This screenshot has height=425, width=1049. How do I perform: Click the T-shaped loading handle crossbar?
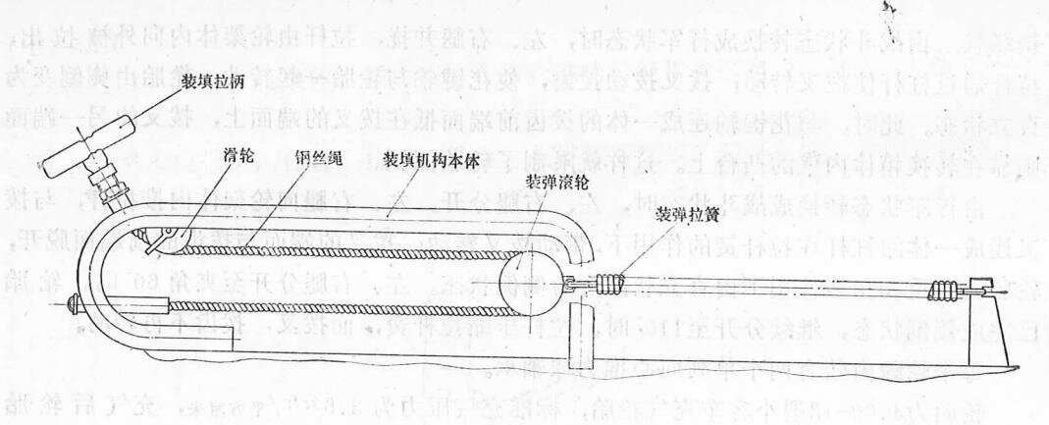point(99,133)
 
